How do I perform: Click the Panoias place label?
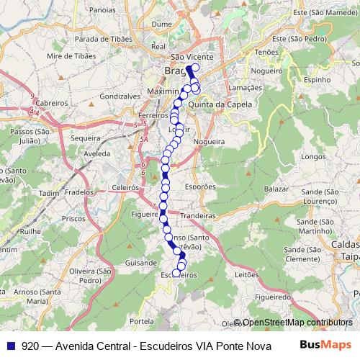103,11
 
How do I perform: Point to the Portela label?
143,320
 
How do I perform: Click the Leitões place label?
246,275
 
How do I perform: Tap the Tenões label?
266,53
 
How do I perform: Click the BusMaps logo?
325,345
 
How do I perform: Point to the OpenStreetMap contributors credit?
297,323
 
